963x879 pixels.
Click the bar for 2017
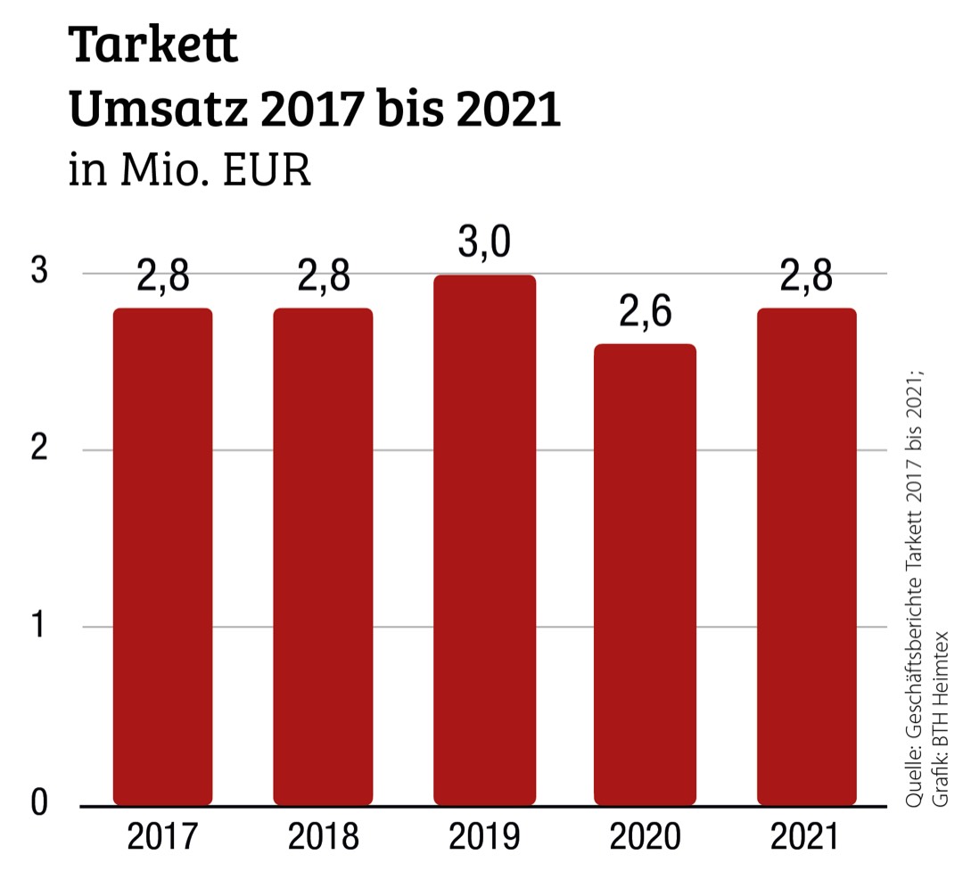[x=162, y=556]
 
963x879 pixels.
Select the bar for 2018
[x=323, y=556]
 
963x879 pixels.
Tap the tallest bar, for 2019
[x=484, y=540]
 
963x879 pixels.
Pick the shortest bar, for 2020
[x=645, y=574]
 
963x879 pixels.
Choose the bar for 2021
[x=806, y=556]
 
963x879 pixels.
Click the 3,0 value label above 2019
[x=484, y=243]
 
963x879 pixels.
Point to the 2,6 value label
[x=645, y=314]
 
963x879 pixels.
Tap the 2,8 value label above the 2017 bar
[x=162, y=277]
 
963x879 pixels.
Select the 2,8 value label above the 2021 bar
[x=806, y=277]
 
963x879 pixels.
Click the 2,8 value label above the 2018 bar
[x=323, y=277]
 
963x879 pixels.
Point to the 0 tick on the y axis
[x=38, y=801]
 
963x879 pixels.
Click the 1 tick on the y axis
[x=40, y=626]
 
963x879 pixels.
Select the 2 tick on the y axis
[x=38, y=448]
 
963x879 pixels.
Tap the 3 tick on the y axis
[x=38, y=272]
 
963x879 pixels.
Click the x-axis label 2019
[x=484, y=838]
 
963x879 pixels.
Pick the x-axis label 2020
[x=645, y=838]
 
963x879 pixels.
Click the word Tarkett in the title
[x=153, y=46]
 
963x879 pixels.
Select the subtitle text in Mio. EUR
[x=190, y=170]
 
